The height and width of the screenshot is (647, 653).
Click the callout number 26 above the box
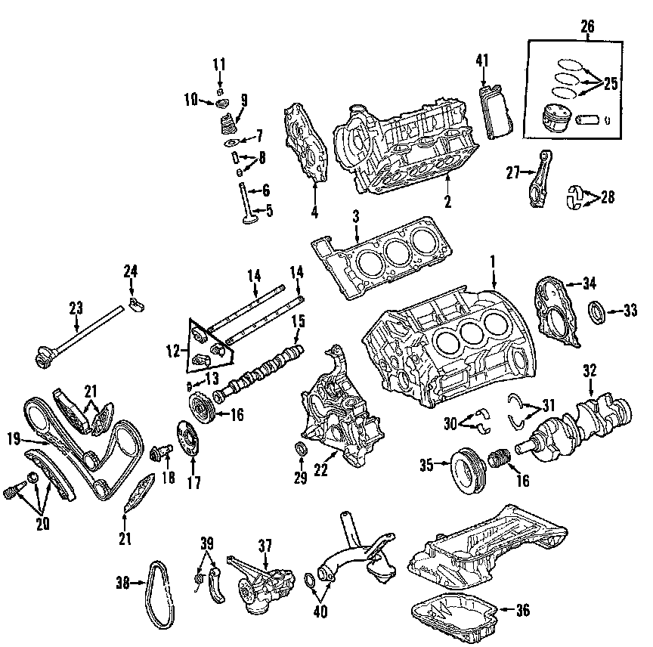[x=587, y=26]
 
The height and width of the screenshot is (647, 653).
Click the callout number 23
[x=76, y=308]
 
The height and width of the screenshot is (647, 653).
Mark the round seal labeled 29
[x=300, y=452]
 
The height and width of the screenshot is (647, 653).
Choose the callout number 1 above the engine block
[x=493, y=262]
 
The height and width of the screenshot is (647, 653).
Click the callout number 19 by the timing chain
[x=14, y=438]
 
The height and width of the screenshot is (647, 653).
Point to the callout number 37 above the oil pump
[x=265, y=544]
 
